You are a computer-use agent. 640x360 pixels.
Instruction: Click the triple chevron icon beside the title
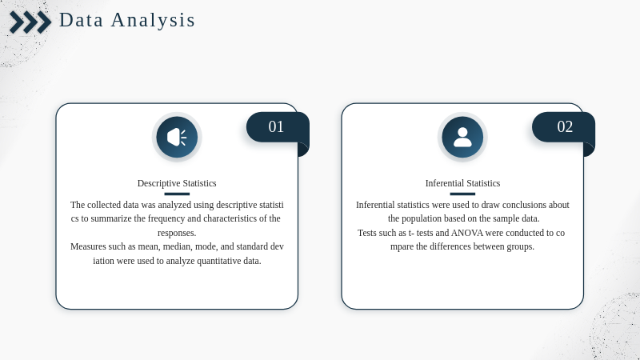[30, 22]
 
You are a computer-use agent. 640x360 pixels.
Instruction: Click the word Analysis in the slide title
[153, 20]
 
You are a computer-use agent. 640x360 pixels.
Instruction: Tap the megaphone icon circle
[177, 137]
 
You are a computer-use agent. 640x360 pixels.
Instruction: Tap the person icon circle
[462, 137]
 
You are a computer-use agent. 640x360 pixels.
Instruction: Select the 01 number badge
[278, 127]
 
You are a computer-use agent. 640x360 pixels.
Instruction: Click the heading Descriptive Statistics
[177, 183]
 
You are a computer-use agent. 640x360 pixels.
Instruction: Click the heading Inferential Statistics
[462, 183]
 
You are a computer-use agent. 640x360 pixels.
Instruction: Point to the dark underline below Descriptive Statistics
[177, 194]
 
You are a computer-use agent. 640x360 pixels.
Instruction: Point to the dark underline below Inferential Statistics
[462, 194]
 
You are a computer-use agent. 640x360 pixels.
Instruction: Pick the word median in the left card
[178, 247]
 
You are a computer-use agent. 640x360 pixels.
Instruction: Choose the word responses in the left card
[177, 234]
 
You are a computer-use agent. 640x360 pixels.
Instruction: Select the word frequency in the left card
[166, 219]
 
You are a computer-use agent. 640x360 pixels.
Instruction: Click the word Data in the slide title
[82, 20]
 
